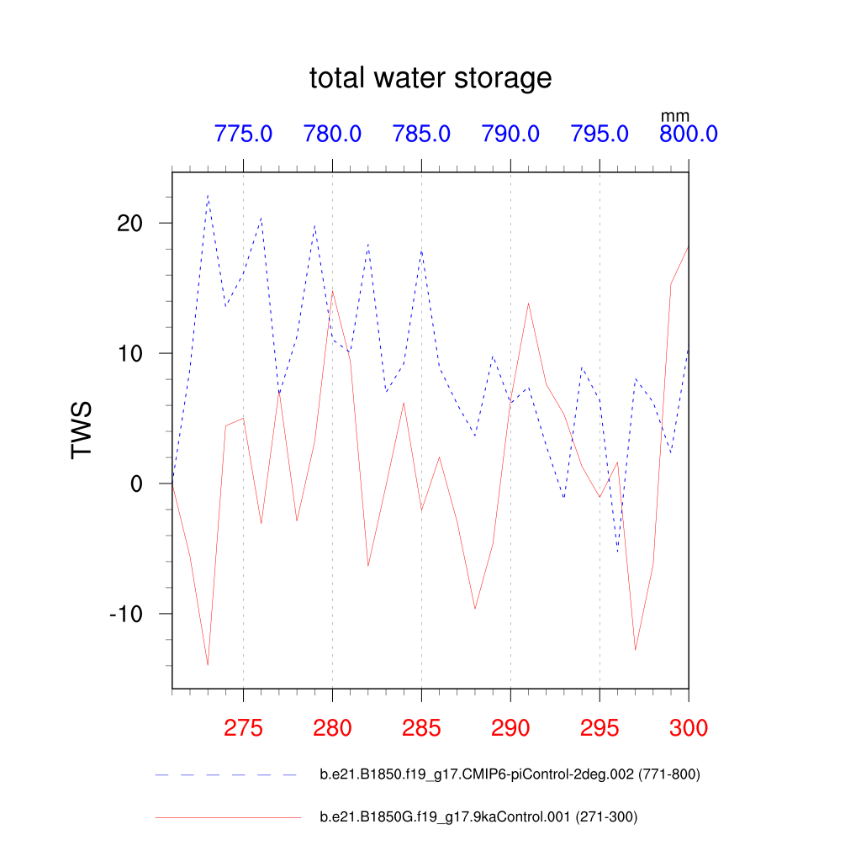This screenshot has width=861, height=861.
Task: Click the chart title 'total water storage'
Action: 430,78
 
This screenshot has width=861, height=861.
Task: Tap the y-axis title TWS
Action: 82,430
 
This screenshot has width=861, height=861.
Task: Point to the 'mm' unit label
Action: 674,116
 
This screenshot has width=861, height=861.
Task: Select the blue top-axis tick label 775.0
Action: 243,134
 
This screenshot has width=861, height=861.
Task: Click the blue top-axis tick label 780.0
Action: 332,134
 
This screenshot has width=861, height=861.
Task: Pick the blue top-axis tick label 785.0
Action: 421,134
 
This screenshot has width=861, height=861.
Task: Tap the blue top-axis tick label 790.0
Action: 510,134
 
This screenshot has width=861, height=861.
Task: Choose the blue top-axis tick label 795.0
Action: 600,134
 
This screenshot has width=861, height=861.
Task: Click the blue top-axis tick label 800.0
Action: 688,134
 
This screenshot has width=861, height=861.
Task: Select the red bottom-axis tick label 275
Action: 243,728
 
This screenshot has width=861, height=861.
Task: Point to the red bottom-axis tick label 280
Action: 332,728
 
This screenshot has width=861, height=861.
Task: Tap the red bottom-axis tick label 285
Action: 421,728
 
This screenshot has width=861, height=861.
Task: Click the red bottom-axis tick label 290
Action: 510,728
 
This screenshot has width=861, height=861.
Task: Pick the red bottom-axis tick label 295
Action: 600,728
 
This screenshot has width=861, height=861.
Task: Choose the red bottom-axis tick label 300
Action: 688,728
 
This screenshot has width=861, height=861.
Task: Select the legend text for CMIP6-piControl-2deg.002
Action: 510,774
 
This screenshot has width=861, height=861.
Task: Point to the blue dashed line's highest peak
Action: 208,196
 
